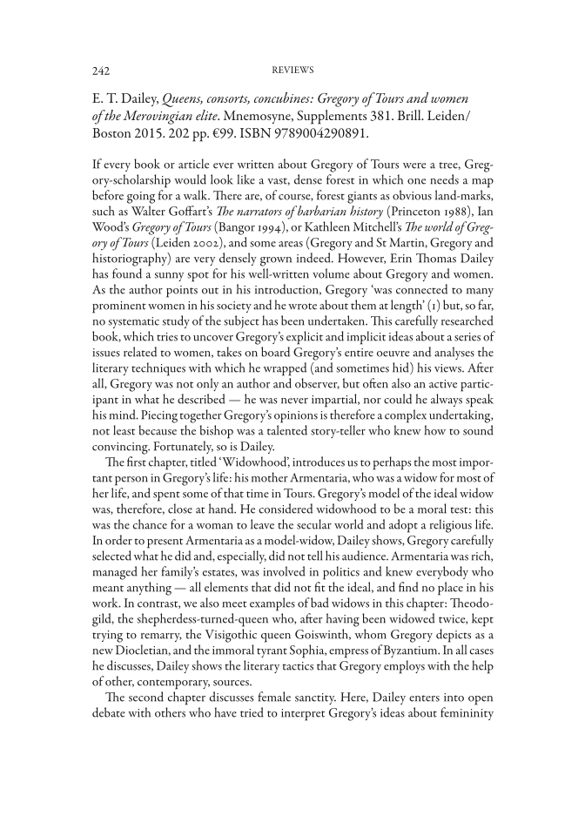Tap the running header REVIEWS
coord(292,69)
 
